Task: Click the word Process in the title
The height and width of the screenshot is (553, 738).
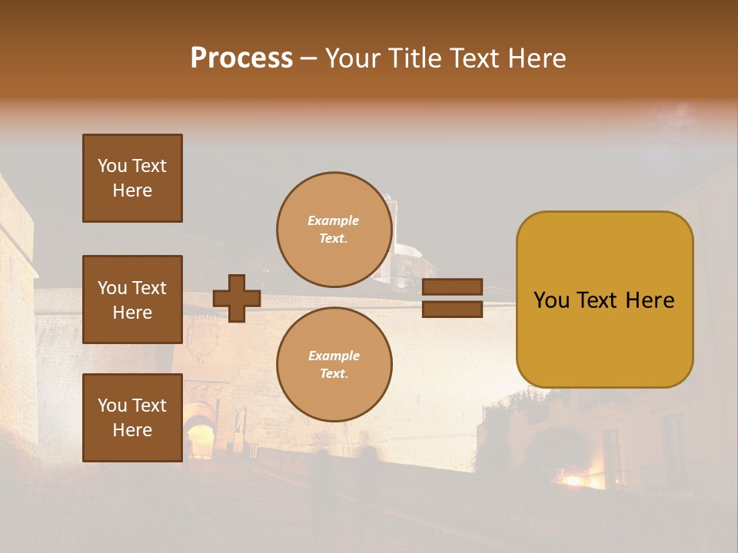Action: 241,58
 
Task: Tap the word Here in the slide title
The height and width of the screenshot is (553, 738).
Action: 534,58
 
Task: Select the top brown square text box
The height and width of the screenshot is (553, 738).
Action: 132,178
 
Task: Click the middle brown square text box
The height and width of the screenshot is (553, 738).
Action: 132,300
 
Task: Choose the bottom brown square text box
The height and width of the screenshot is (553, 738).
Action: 132,418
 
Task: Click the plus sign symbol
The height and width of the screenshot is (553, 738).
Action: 237,298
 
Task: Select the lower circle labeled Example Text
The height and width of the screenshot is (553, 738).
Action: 334,364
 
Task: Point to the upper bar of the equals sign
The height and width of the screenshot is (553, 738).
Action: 452,287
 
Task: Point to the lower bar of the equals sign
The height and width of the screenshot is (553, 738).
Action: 452,310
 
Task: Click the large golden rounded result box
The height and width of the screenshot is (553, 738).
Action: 604,300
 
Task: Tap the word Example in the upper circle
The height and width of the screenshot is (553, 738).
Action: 334,220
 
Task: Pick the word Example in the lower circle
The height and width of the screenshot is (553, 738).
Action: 334,356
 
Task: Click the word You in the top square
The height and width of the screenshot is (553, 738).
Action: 112,166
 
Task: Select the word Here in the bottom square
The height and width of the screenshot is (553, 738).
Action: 132,430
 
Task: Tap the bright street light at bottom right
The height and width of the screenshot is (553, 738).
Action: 573,480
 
